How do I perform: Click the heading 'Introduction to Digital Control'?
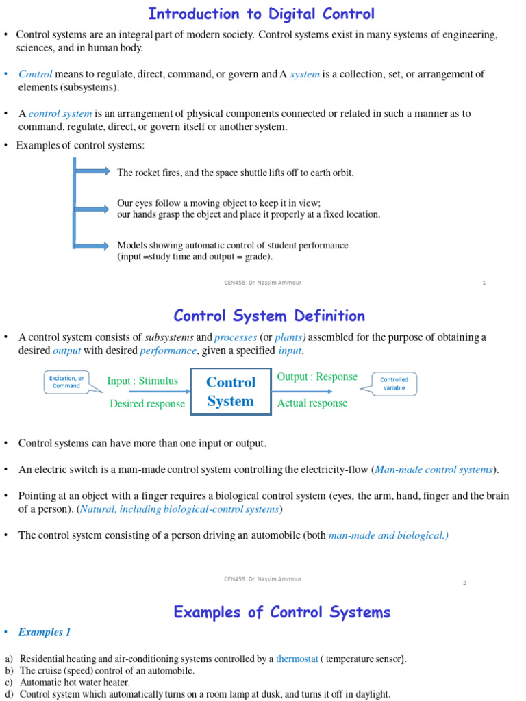tap(262, 14)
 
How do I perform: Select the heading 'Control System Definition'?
tap(269, 316)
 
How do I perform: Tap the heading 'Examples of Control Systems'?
tap(281, 612)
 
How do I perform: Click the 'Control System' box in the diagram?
tap(231, 392)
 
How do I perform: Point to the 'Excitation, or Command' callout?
tap(66, 382)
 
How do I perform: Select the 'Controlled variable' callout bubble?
tap(394, 383)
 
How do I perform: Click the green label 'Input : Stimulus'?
tap(142, 381)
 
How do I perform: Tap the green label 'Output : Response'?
tap(317, 377)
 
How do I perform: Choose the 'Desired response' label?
tap(147, 403)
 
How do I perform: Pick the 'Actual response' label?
tap(312, 403)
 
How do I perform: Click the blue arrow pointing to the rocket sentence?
tap(92, 171)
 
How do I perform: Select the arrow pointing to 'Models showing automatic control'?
tap(92, 245)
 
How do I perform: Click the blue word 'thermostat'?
tap(297, 659)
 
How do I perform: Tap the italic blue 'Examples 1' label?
tap(45, 633)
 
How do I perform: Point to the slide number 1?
tap(484, 283)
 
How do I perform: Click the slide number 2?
tap(464, 583)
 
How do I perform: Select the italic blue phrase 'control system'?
tap(60, 114)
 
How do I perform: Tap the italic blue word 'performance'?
tap(168, 350)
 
